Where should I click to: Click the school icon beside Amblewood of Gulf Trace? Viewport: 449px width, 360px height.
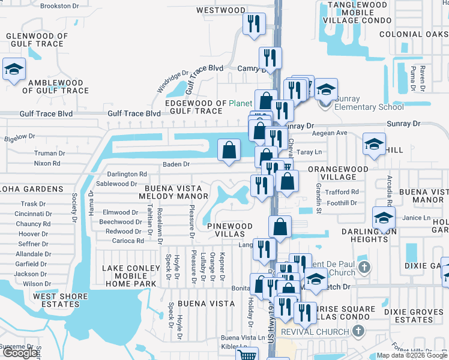pos(13,69)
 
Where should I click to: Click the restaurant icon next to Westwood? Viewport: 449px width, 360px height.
pos(253,23)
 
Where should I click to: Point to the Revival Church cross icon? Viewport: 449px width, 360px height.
pos(358,331)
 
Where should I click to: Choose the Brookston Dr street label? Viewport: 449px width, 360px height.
pos(59,6)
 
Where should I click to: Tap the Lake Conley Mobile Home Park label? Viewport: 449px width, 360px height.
pos(133,276)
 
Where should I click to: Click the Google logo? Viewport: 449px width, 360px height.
pos(20,353)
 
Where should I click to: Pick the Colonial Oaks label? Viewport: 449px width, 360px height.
pos(414,34)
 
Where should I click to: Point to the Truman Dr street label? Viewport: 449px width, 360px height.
pos(49,153)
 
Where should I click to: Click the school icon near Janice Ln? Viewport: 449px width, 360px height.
pos(384,217)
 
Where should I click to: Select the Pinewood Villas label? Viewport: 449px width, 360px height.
pos(231,230)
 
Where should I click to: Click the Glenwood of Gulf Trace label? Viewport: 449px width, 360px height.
pos(34,40)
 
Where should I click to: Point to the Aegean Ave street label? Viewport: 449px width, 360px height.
pos(333,133)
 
